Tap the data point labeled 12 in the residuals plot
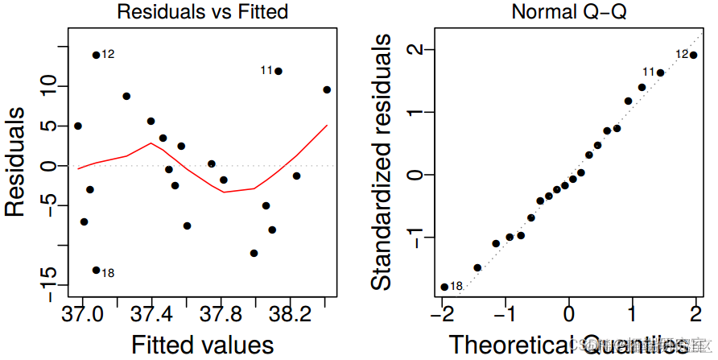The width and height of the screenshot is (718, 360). [96, 55]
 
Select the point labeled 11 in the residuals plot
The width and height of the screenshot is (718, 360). [279, 71]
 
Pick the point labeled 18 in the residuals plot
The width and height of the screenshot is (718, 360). [96, 271]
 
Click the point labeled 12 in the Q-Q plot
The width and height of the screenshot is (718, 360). [693, 55]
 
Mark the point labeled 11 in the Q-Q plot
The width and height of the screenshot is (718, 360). [660, 72]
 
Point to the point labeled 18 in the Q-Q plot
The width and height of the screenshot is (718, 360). [444, 287]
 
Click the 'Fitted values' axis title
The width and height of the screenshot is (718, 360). [202, 344]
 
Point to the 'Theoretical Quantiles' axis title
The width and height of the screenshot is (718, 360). [568, 344]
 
